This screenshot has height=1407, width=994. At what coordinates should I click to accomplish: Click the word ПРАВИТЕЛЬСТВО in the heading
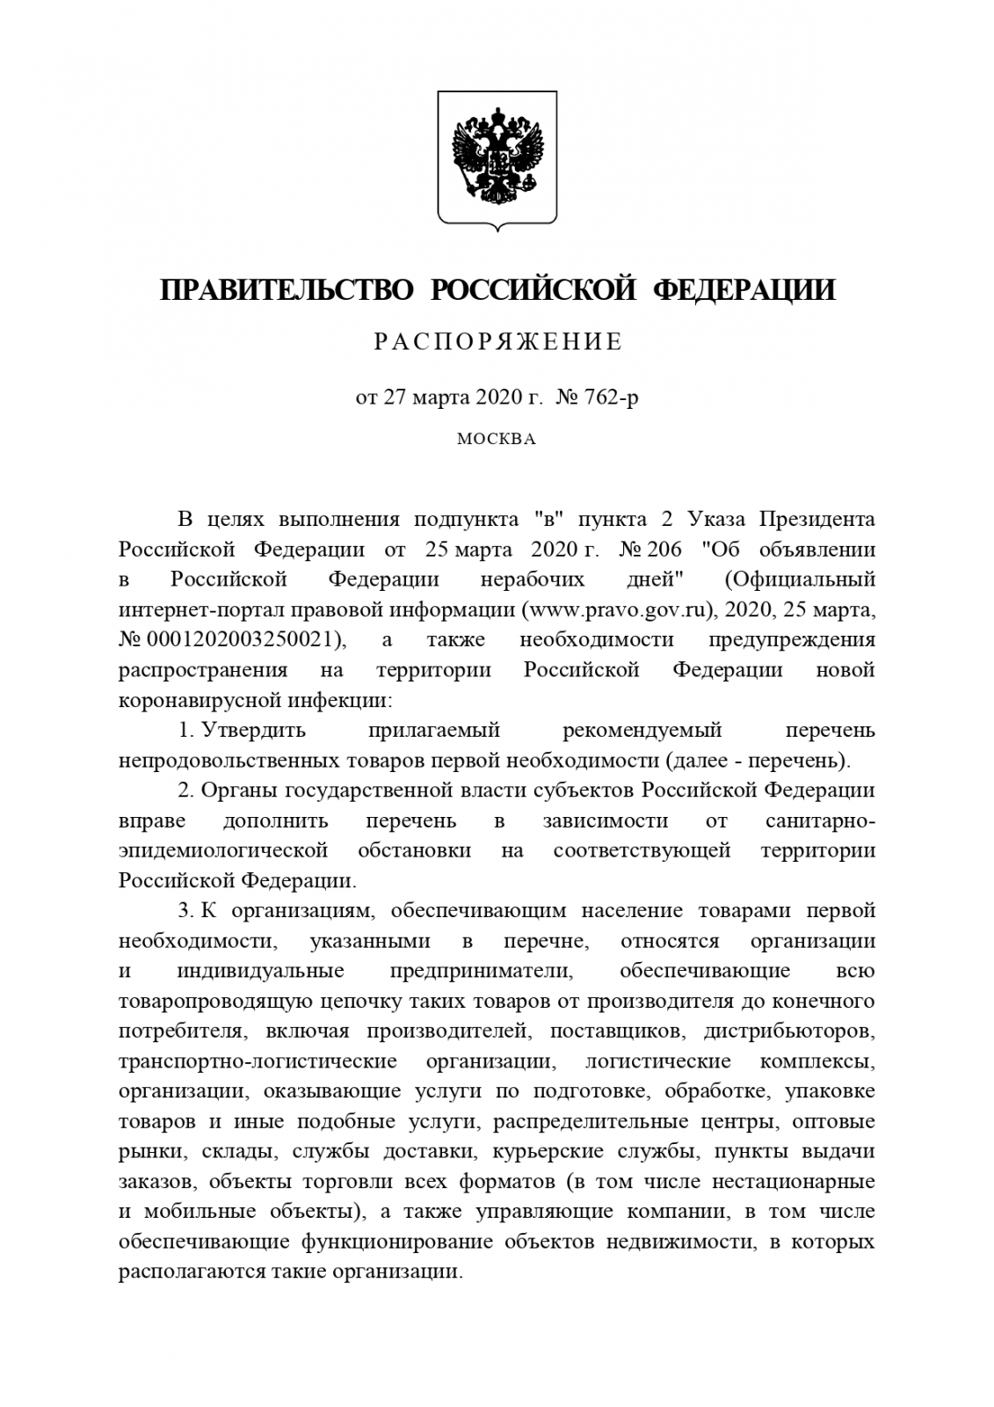pyautogui.click(x=287, y=289)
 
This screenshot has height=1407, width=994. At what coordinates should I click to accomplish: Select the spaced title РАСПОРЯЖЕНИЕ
pyautogui.click(x=497, y=342)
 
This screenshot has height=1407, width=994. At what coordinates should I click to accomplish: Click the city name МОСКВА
pyautogui.click(x=497, y=439)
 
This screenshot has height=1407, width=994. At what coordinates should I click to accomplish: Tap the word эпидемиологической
pyautogui.click(x=223, y=850)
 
